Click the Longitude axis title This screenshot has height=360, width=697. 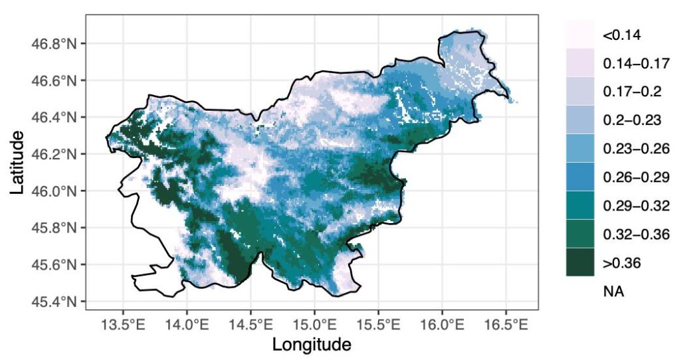312,345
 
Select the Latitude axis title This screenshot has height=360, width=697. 18,163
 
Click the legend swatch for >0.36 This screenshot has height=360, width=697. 580,262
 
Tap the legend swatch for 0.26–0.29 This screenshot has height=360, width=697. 580,177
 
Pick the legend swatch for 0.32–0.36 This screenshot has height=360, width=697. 580,234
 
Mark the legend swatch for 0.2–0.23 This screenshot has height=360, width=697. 580,120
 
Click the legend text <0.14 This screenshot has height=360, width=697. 621,35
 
